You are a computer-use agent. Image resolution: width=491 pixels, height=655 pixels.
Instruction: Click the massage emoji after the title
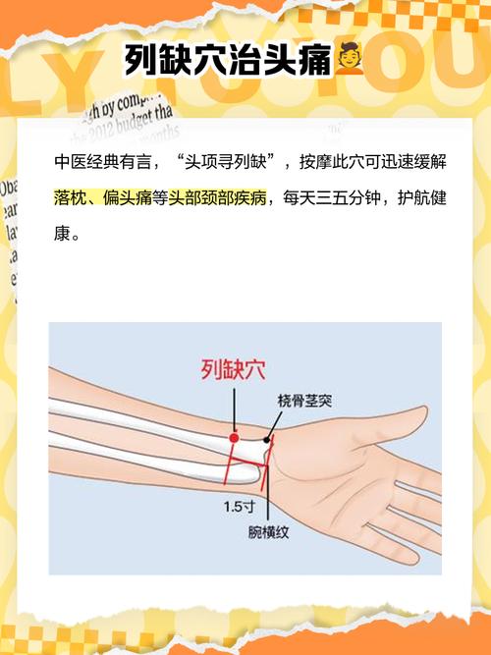[350, 61]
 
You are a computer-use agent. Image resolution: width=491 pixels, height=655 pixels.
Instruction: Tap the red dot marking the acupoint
[234, 437]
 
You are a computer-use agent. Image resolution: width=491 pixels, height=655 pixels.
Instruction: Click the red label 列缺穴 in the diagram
[234, 370]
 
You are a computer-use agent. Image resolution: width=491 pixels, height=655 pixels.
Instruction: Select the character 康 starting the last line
[63, 236]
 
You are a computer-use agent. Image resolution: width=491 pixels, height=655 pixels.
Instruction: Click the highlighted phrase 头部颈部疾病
[217, 197]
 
